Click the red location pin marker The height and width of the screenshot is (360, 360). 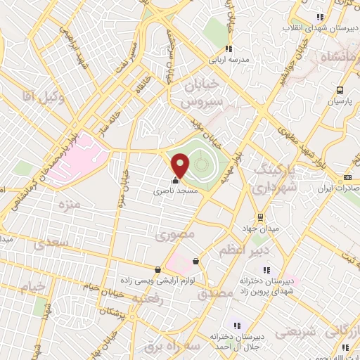[x=181, y=165]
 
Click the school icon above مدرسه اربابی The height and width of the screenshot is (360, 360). [x=229, y=49]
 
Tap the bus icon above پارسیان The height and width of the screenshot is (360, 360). [x=340, y=90]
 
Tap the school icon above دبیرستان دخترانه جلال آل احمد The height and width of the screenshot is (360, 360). [x=236, y=326]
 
